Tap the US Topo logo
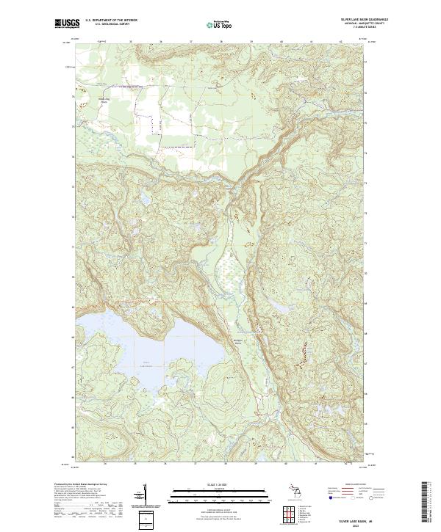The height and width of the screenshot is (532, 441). click(x=220, y=23)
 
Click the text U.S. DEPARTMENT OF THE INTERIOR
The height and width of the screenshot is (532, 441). click(x=111, y=20)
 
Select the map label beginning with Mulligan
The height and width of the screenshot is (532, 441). click(x=248, y=343)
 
